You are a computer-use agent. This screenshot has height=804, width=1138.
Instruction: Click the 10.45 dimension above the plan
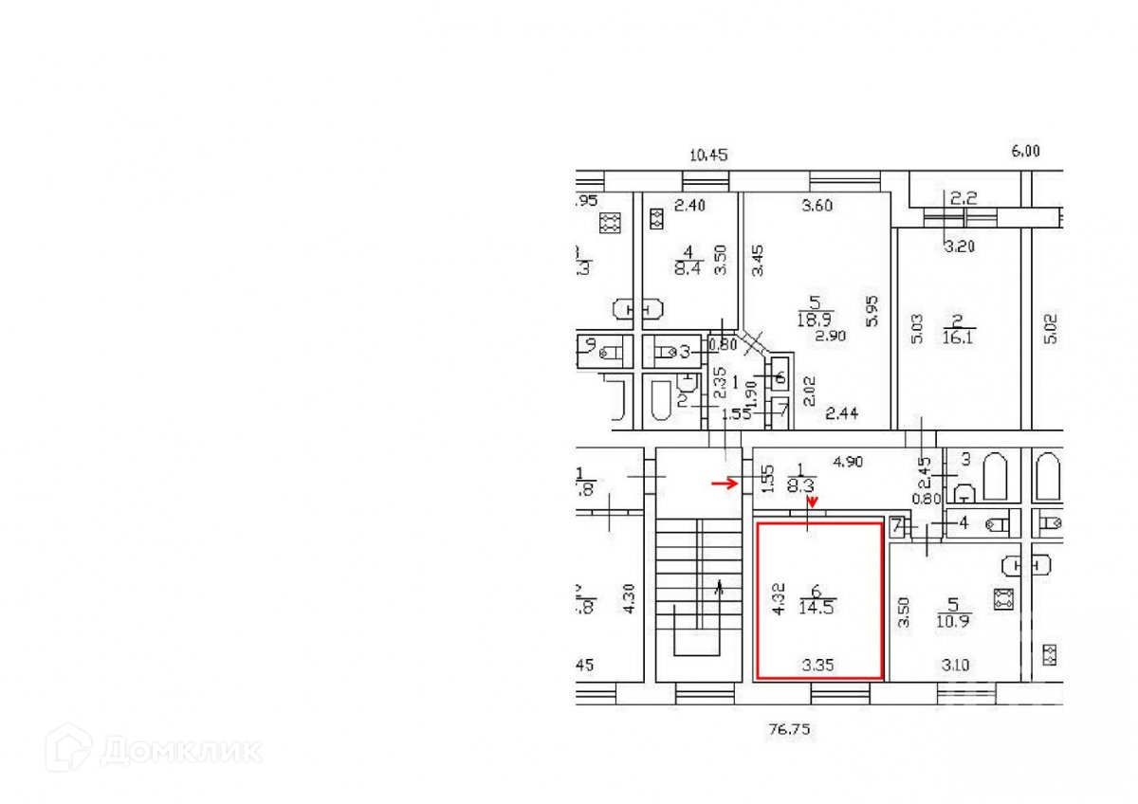point(707,155)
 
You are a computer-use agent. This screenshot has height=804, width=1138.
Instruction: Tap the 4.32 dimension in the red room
point(779,598)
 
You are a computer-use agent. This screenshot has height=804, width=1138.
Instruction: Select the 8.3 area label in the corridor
point(802,482)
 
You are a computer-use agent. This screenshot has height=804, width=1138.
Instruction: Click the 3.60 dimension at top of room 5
point(817,207)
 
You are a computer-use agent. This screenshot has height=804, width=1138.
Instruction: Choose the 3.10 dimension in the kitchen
point(956,666)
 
